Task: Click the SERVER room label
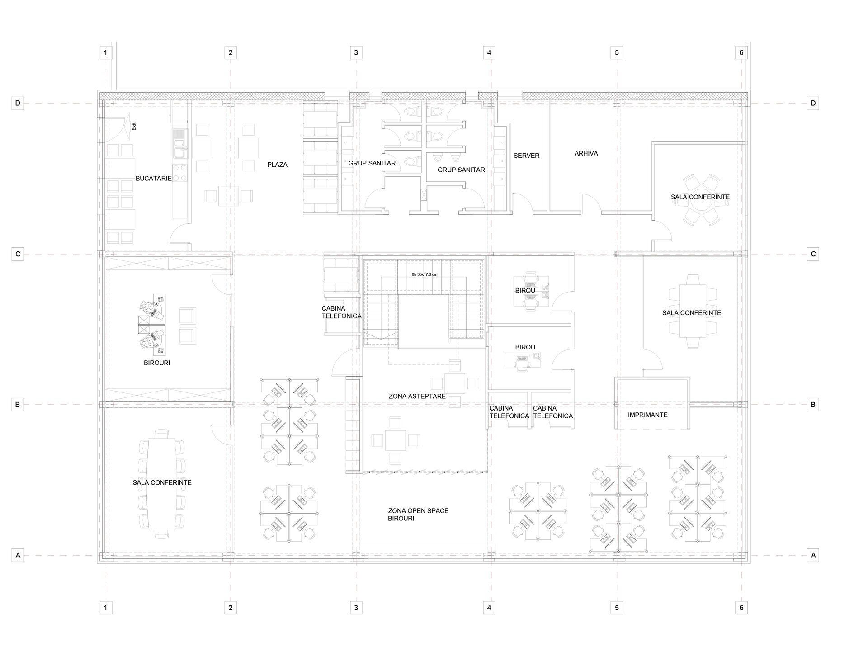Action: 526,156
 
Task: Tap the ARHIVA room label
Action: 586,153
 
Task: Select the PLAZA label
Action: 277,165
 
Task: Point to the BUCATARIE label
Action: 154,179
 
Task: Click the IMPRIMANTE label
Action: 647,415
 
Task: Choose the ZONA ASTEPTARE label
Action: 417,396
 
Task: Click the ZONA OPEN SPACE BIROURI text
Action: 418,515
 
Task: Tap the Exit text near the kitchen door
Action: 134,127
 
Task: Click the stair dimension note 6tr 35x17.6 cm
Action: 425,274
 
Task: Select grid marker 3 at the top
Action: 356,52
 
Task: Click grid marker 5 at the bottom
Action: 617,608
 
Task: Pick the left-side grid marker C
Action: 18,254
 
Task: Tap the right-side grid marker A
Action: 813,555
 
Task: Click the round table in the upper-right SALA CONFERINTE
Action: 700,199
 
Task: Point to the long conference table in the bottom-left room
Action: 161,484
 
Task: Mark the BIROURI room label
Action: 157,363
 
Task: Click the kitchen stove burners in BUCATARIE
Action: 180,172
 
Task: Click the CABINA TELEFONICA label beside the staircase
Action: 341,312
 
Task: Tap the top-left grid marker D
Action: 18,103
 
